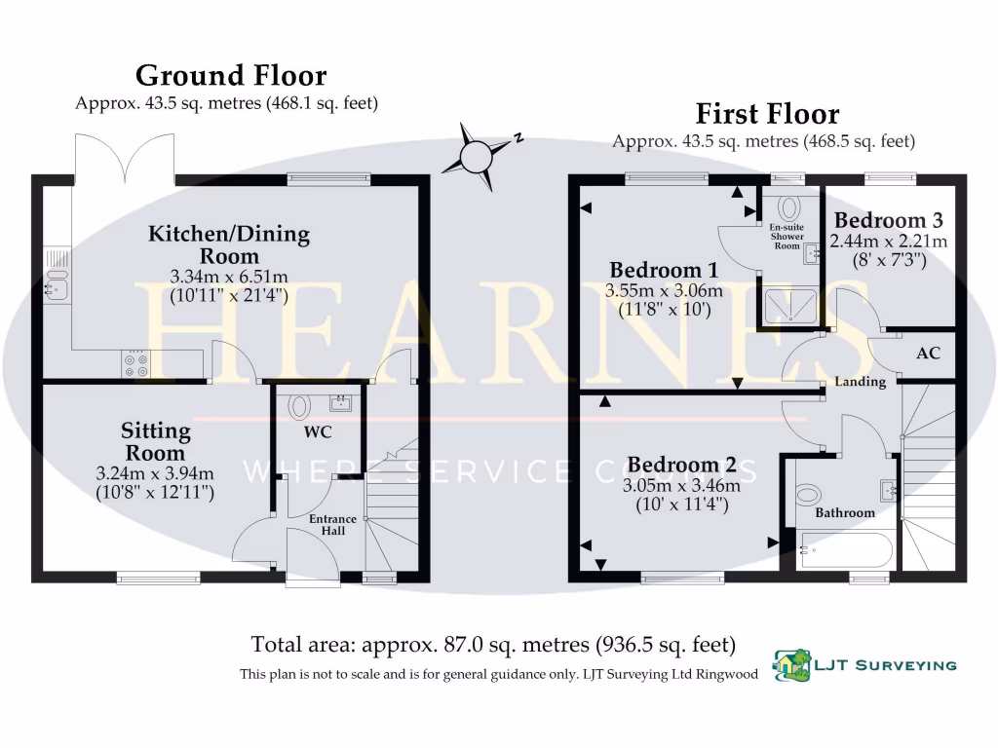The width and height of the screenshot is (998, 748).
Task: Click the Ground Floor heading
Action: [x=230, y=75]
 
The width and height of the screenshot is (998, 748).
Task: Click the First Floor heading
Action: [x=766, y=114]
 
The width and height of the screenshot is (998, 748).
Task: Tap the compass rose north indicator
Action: [x=477, y=153]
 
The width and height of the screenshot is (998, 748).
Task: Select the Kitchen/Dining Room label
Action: [x=229, y=244]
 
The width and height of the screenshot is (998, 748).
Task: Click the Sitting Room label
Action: [x=156, y=441]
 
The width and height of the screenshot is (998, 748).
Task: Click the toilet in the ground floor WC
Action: [x=298, y=405]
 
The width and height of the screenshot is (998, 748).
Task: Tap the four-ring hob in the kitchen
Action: [x=135, y=363]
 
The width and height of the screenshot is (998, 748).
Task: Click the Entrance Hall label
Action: [x=332, y=524]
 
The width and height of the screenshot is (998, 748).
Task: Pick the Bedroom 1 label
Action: [x=655, y=270]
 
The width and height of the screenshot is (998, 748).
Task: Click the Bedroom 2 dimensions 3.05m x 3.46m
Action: [x=682, y=486]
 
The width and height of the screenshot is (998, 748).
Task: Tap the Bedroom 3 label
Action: [x=889, y=219]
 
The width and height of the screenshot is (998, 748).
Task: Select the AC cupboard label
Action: [x=928, y=353]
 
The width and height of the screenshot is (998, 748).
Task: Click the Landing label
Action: [x=860, y=382]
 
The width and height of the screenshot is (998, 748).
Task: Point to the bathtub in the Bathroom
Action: [x=845, y=550]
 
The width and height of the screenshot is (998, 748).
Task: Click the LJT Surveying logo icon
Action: [x=791, y=665]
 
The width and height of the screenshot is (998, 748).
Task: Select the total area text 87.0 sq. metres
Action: [x=492, y=644]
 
